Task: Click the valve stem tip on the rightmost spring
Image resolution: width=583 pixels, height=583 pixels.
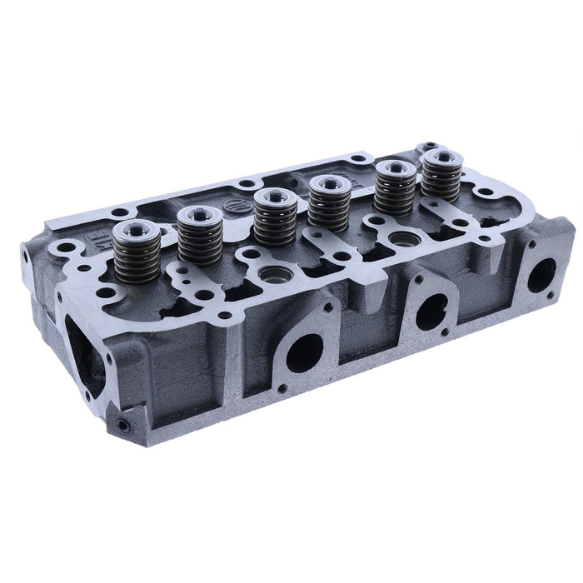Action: click(x=439, y=156)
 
